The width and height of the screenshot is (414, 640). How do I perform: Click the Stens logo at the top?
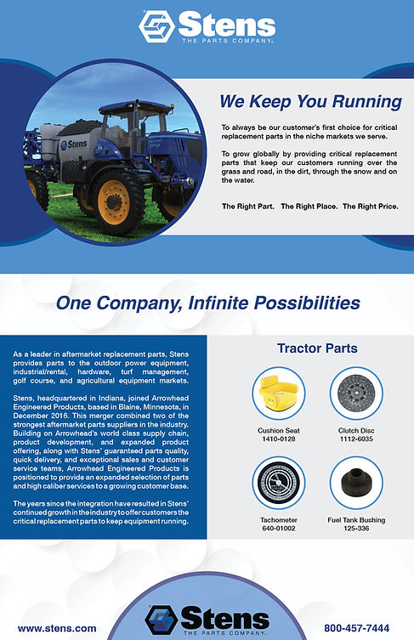[x=207, y=25]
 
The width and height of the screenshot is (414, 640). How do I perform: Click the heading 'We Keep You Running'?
[x=309, y=102]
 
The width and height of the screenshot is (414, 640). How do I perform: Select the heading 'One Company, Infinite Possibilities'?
[x=207, y=303]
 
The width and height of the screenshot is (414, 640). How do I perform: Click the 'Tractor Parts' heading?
[x=317, y=348]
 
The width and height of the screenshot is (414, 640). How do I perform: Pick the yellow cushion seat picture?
[x=278, y=394]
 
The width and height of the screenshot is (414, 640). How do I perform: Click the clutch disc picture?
[x=356, y=394]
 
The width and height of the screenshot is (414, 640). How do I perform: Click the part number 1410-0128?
[x=278, y=439]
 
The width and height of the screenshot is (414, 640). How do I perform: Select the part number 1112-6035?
[x=356, y=439]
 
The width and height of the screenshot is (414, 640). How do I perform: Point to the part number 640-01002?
[x=278, y=527]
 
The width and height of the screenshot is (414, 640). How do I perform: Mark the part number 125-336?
[x=356, y=527]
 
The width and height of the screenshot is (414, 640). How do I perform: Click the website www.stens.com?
[x=57, y=628]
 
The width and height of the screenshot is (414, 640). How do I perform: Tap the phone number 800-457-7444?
[x=358, y=628]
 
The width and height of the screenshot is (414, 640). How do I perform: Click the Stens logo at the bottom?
[x=207, y=619]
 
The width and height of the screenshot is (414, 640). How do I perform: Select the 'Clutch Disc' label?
[x=356, y=430]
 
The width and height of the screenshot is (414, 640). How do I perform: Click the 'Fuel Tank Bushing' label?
[x=356, y=518]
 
